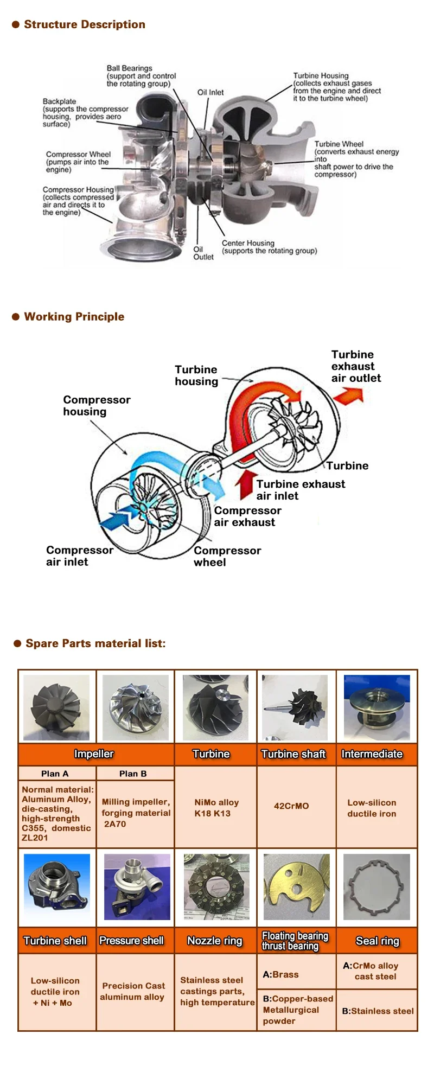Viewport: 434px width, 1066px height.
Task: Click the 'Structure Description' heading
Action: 84,24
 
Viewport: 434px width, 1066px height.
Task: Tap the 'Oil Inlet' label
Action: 210,92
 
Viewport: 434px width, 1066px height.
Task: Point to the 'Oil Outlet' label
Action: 203,253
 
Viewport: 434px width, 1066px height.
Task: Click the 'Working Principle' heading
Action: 74,317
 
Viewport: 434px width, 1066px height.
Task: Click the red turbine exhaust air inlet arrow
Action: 247,484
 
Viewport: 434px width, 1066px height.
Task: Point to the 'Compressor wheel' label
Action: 227,556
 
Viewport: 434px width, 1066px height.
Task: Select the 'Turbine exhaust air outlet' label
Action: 356,366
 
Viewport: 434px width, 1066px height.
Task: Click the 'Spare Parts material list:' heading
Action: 95,643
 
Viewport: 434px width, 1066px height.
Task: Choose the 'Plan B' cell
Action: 133,774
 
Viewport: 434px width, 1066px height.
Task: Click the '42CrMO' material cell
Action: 291,806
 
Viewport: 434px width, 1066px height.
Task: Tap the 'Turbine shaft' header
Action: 293,754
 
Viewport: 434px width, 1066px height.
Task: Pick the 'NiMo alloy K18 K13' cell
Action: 216,808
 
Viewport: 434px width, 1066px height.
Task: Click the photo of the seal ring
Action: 376,887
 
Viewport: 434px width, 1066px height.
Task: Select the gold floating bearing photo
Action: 296,887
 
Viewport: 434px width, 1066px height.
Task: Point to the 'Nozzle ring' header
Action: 215,941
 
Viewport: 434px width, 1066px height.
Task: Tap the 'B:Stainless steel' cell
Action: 378,1011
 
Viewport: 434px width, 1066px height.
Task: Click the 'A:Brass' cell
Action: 281,974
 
